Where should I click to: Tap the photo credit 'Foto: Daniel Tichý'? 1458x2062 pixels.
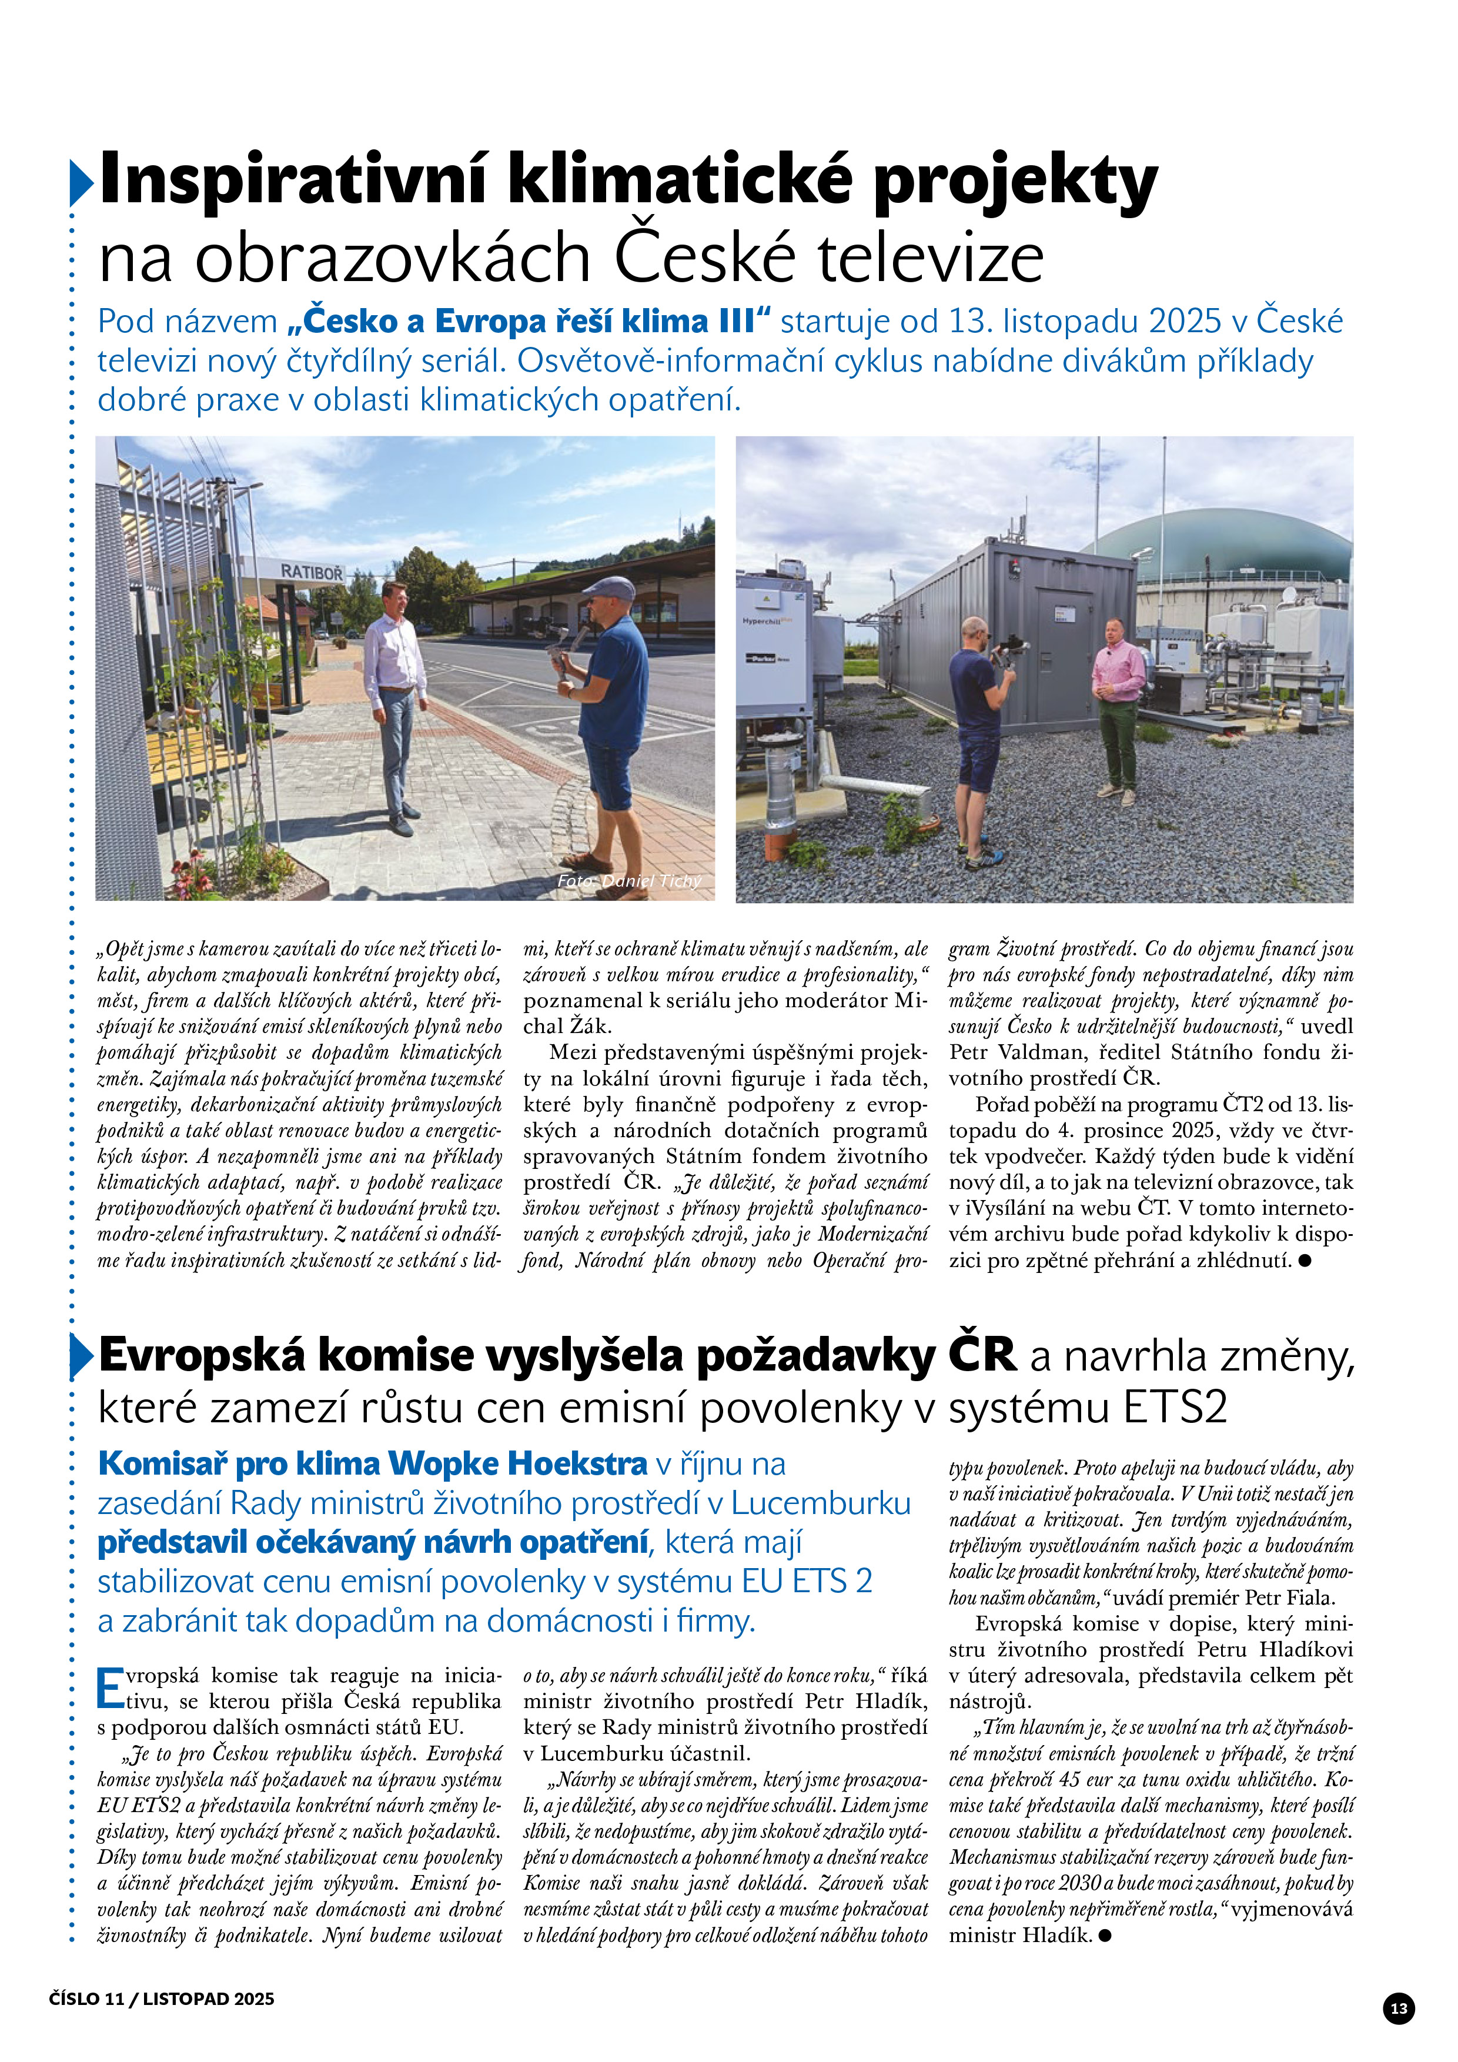tap(628, 881)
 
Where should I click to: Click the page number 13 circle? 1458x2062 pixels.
tap(1399, 2008)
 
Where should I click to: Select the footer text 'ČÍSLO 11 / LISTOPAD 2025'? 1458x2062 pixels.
tap(162, 1998)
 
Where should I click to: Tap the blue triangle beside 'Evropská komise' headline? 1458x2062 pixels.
tap(81, 1357)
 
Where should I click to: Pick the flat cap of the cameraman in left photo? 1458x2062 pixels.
tap(608, 589)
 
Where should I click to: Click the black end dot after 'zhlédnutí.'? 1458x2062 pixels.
tap(1305, 1261)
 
